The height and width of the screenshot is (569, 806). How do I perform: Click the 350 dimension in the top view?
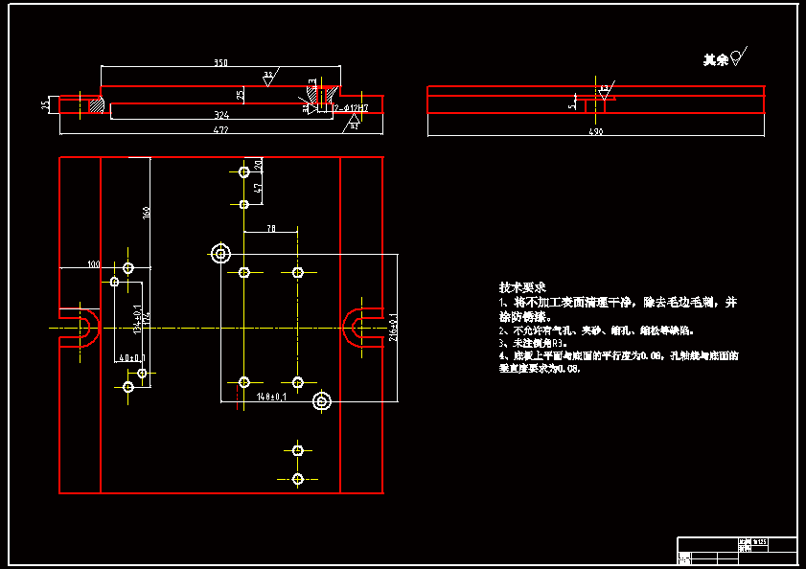(220, 63)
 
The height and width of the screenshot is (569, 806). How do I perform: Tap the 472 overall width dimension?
(220, 129)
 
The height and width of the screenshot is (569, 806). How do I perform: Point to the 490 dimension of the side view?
(595, 131)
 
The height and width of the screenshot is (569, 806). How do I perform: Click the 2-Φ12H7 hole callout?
(352, 107)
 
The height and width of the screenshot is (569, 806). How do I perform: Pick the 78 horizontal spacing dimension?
(271, 229)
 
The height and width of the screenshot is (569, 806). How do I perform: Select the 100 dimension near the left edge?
(93, 263)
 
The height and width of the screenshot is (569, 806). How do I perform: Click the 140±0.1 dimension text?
(271, 395)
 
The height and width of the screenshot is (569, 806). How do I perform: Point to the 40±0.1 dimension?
(130, 357)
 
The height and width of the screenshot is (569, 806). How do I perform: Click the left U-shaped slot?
(82, 328)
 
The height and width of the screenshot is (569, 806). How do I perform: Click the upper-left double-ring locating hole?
(221, 254)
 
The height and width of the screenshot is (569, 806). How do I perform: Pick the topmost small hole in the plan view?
(244, 172)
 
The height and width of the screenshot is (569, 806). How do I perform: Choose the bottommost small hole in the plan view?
(298, 478)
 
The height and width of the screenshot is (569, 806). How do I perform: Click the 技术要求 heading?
(521, 286)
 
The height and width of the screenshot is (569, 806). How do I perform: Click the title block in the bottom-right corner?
(737, 551)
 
